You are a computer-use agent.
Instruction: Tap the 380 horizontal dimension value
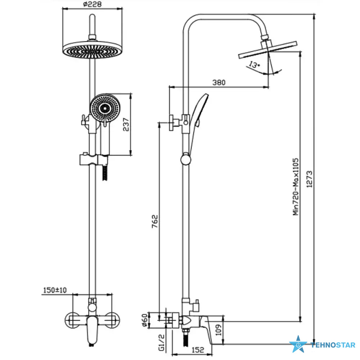(219, 82)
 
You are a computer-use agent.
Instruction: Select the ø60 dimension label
(144, 320)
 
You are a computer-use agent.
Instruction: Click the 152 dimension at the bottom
(198, 349)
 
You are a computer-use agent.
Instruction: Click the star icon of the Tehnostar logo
(298, 345)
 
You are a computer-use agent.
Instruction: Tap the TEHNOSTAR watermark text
(333, 345)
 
